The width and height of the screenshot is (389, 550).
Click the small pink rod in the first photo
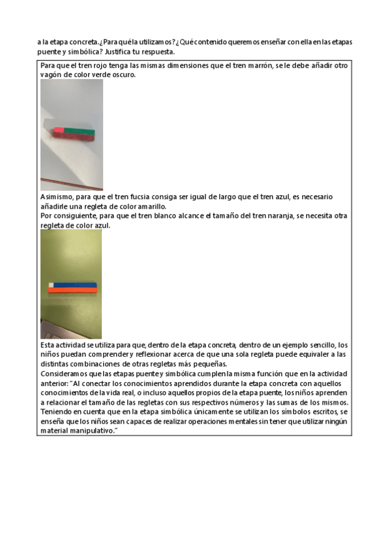click(x=58, y=130)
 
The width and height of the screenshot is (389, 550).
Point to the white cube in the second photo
click(x=51, y=284)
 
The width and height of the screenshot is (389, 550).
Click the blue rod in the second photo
click(x=75, y=285)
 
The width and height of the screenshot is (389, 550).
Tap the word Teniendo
click(x=57, y=412)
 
